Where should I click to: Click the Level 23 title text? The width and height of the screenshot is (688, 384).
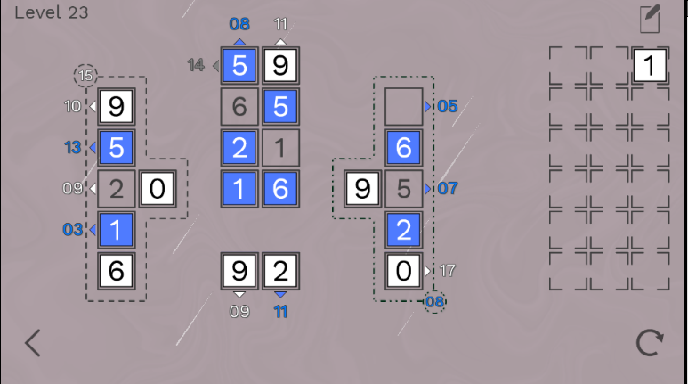45,12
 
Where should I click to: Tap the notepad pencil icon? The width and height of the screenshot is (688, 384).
651,19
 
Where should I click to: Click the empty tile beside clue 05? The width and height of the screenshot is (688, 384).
404,106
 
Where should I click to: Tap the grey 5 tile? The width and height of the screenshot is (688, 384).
404,188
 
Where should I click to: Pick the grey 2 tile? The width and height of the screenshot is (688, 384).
116,188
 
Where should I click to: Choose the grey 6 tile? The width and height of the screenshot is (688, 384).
239,106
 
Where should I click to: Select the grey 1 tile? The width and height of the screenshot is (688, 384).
281,147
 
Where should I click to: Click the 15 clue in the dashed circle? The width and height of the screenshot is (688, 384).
85,76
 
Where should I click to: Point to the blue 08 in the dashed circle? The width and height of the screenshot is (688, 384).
434,302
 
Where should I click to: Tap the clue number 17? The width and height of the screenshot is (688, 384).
447,270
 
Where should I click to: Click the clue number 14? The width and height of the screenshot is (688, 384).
197,65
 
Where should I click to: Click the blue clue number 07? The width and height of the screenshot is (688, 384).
447,188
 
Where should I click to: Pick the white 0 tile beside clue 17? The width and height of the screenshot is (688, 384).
404,270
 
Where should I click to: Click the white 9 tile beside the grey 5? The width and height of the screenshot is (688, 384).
362,188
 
